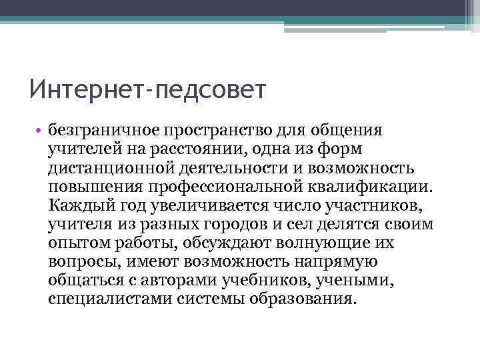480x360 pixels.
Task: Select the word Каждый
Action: [x=78, y=203]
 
